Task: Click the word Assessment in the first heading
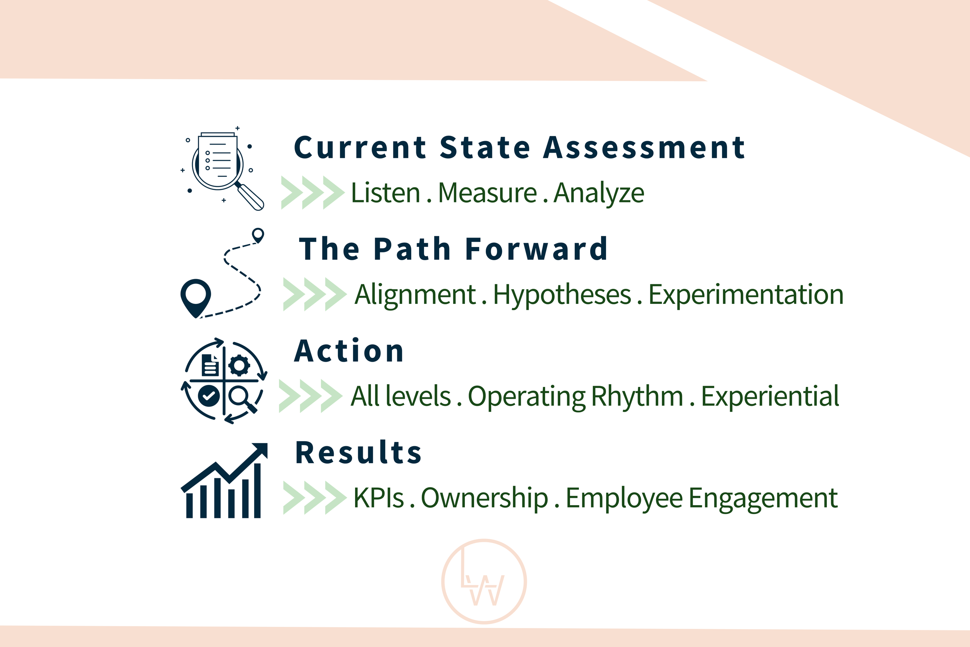[x=644, y=148]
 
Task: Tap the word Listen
[x=385, y=193]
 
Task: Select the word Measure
[x=487, y=193]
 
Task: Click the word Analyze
[x=599, y=193]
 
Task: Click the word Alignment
[x=416, y=295]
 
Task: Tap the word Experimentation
[x=746, y=295]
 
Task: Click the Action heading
[x=349, y=351]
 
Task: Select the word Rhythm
[x=637, y=397]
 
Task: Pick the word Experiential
[x=770, y=397]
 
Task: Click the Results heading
[x=359, y=453]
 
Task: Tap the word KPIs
[x=378, y=498]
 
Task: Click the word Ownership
[x=484, y=499]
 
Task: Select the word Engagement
[x=763, y=499]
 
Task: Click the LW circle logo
[x=484, y=582]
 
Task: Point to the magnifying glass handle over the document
[x=251, y=197]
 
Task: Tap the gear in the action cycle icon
[x=239, y=366]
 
